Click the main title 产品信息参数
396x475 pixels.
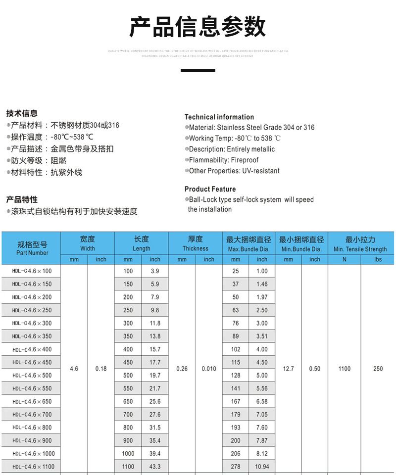tap(198, 27)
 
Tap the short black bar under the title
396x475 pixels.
tap(198, 71)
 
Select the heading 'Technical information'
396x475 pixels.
tap(219, 117)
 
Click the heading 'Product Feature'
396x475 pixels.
tap(210, 189)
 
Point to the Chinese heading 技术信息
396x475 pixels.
tap(22, 113)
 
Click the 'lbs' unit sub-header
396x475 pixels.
tap(378, 259)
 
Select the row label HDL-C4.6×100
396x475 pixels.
tap(32, 271)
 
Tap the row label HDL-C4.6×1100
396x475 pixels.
tap(33, 467)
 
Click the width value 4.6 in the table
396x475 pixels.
tap(74, 369)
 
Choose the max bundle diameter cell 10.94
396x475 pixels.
tap(262, 467)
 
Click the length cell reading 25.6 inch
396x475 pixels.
tap(155, 401)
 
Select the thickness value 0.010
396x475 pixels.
tap(209, 369)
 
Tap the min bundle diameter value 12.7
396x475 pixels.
tap(288, 369)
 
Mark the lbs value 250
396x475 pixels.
tap(378, 369)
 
